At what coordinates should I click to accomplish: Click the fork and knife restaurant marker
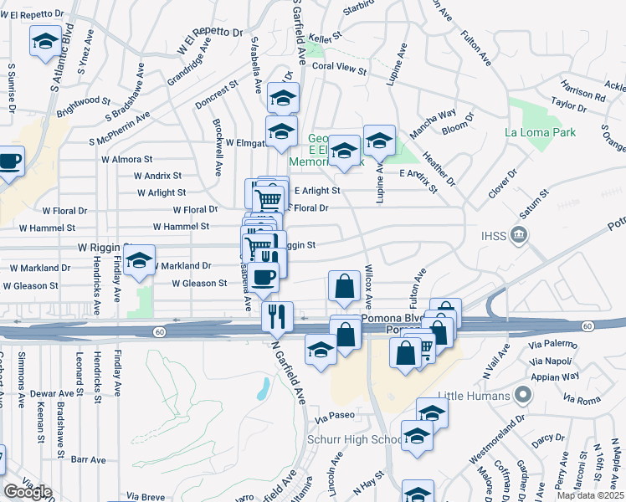pyautogui.click(x=277, y=316)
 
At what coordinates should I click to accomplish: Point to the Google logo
pyautogui.click(x=28, y=492)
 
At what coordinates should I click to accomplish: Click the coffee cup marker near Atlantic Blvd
pyautogui.click(x=9, y=161)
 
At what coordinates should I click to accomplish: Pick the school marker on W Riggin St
pyautogui.click(x=140, y=260)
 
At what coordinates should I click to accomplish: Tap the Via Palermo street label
pyautogui.click(x=552, y=343)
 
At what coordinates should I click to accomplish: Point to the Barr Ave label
pyautogui.click(x=88, y=459)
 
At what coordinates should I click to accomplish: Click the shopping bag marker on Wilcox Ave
pyautogui.click(x=344, y=287)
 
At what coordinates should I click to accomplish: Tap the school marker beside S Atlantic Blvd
pyautogui.click(x=44, y=41)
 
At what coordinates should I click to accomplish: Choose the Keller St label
pyautogui.click(x=326, y=38)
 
